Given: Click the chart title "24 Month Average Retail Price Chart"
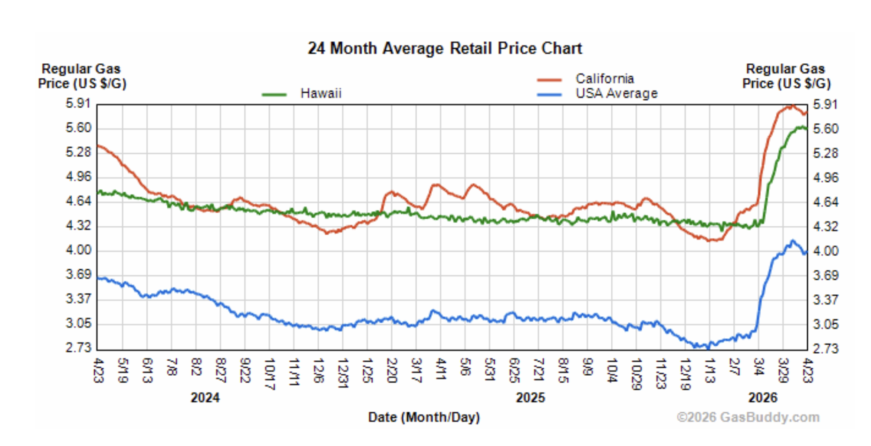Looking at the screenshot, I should click(444, 48).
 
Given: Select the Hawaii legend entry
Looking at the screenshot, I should click(321, 93).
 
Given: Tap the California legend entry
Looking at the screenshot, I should click(604, 78).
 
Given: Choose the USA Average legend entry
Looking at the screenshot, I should click(616, 93).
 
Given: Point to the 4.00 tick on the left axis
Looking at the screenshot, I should click(78, 250).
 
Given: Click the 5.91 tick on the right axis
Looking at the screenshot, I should click(825, 104).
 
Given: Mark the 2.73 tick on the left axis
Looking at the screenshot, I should click(78, 348).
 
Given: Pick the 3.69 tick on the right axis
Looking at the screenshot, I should click(825, 275).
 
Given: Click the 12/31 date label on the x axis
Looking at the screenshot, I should click(343, 373).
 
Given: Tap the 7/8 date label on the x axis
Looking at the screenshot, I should click(172, 367).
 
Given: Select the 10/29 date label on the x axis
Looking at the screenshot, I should click(636, 374).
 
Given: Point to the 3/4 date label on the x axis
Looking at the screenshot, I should click(758, 367).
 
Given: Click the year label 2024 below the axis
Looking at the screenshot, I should click(205, 398).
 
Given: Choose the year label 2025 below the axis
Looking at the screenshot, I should click(530, 398).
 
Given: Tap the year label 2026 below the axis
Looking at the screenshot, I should click(763, 398).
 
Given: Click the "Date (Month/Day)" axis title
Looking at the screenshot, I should click(424, 417).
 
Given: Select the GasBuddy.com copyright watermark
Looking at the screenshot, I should click(748, 417).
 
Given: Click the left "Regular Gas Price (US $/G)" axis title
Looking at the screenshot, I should click(82, 76).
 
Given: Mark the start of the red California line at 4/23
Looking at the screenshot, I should click(98, 146).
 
